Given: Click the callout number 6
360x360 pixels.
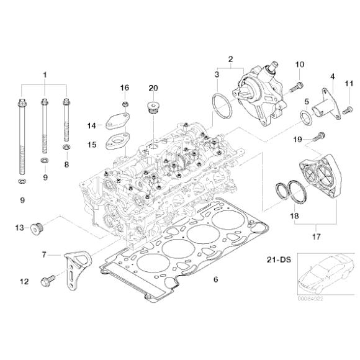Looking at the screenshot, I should (x=215, y=281).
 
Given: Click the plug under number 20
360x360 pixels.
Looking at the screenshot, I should (x=153, y=110).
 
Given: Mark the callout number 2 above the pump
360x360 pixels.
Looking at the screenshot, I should (x=230, y=60).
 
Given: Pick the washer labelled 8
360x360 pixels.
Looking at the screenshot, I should (x=66, y=149).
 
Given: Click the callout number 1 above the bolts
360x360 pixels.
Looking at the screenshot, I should (x=45, y=75).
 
